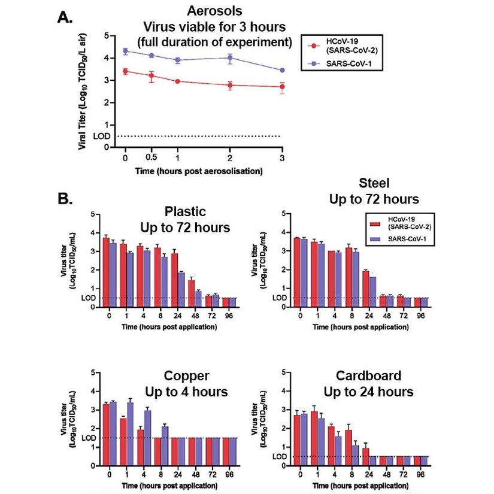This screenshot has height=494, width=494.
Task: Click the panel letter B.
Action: [x=64, y=198]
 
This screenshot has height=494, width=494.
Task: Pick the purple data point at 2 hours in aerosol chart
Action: [x=230, y=58]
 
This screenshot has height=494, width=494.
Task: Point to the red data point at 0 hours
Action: [x=125, y=71]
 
